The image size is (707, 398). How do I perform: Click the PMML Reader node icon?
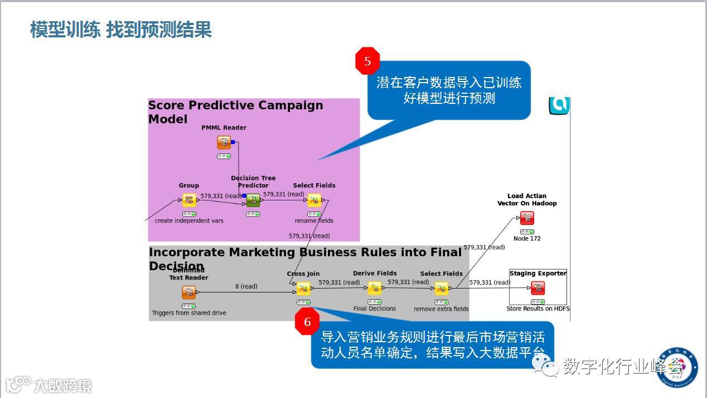coord(224,143)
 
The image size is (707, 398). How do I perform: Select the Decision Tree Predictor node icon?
coord(253,200)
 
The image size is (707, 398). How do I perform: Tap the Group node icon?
coord(189,200)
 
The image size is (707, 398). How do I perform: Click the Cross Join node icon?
coord(303,289)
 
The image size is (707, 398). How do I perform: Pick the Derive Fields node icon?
coord(375,288)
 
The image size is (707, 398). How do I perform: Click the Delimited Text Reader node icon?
coord(189,292)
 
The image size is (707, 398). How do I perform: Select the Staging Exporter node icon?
coord(538,288)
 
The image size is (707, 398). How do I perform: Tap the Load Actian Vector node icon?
coord(527,218)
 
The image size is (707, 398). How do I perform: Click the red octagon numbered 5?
coord(367,61)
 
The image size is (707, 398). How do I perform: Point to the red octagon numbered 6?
coord(307,322)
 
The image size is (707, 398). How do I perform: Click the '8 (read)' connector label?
coord(246,286)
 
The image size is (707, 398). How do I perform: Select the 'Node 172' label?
coord(527,238)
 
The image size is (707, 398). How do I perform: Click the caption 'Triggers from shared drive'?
coord(189,313)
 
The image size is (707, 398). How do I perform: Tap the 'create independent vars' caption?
coord(189,220)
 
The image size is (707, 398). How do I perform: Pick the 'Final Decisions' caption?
coord(375,309)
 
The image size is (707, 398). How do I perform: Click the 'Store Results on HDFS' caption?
coord(538,308)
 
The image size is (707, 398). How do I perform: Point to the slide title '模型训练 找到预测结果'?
coord(121,30)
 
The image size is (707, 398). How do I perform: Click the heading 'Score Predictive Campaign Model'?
coord(235,112)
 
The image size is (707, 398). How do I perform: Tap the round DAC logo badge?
coord(677,368)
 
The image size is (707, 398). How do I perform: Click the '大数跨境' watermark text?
coord(62,386)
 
